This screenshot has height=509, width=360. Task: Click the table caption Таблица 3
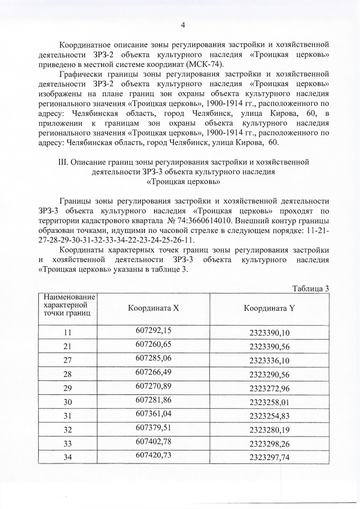tap(310, 289)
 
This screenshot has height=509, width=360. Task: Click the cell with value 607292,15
tap(153, 331)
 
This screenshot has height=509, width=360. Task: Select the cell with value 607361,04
tap(153, 415)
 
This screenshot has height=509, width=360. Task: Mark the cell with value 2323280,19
tap(269, 430)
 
